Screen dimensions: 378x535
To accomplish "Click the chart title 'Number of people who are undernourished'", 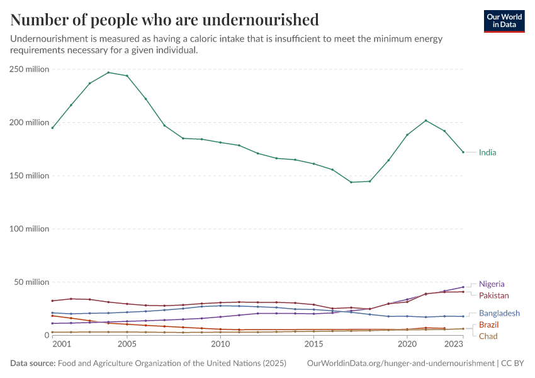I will click(164, 20).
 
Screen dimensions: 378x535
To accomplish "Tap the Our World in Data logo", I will click(504, 21).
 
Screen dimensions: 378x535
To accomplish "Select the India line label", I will click(487, 152).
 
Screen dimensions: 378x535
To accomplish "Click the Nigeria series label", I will click(492, 284).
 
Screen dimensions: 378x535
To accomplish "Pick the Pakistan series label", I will click(493, 295).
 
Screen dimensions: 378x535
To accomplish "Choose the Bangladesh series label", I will click(499, 313).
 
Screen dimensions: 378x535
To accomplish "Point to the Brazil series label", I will click(489, 324).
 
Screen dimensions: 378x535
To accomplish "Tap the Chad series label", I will click(488, 336).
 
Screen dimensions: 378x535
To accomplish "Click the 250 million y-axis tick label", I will click(29, 69).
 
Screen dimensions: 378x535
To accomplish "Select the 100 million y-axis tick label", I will click(29, 229).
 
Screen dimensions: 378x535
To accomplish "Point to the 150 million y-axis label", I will click(29, 176).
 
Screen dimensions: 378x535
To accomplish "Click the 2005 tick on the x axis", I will click(127, 345).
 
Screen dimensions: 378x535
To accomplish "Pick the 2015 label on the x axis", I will click(313, 345).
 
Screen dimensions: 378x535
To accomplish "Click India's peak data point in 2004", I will click(108, 72).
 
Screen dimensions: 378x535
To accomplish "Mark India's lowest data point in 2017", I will click(351, 182).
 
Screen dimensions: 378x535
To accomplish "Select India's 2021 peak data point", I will click(426, 120).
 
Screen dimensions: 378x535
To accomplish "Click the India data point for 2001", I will click(52, 128).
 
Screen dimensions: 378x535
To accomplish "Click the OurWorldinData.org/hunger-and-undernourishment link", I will click(400, 364).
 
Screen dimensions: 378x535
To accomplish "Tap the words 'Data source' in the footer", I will click(32, 364).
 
